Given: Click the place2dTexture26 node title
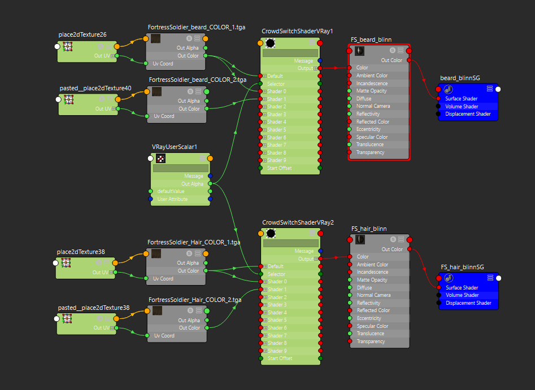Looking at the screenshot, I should click(x=82, y=35).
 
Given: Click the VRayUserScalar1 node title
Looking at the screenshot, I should click(x=175, y=147).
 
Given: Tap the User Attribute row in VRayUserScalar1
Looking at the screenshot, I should click(x=173, y=199).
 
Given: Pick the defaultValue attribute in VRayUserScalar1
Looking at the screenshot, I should click(x=171, y=191).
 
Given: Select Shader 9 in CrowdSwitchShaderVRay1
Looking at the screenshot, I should click(x=277, y=160).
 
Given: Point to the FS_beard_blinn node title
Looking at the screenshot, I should click(x=371, y=40).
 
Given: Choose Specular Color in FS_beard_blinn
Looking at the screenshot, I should click(x=372, y=137).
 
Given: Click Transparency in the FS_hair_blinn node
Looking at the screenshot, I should click(x=371, y=341).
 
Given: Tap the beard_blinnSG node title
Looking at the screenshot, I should click(x=460, y=78).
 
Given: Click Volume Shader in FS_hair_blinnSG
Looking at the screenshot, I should click(x=462, y=295).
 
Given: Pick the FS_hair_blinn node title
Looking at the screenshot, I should click(x=369, y=229).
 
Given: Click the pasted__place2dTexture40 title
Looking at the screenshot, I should click(x=95, y=88).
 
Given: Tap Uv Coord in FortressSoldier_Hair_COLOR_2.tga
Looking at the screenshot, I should click(x=164, y=336).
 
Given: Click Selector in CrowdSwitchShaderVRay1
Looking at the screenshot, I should click(x=276, y=84).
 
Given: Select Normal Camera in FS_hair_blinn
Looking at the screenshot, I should click(x=373, y=295).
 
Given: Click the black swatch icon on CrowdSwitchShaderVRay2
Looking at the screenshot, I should click(x=271, y=234).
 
